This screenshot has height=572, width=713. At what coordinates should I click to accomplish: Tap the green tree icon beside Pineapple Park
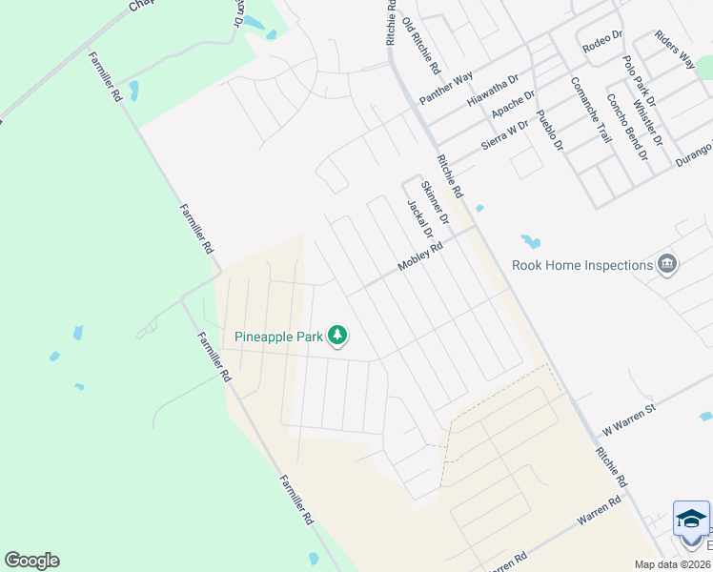(x=336, y=335)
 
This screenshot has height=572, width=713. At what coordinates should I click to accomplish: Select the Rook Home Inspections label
(x=581, y=265)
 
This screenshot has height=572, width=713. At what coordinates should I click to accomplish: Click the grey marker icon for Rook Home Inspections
(x=667, y=264)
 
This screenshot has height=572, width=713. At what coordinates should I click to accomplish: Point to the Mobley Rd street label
(x=420, y=257)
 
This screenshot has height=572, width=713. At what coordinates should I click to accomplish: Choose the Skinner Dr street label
(x=434, y=201)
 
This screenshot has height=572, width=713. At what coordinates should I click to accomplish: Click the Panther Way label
(x=446, y=86)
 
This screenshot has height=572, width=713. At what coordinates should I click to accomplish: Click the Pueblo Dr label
(x=551, y=132)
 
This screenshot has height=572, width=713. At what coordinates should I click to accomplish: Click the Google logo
(x=31, y=561)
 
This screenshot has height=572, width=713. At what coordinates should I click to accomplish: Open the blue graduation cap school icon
(x=691, y=518)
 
